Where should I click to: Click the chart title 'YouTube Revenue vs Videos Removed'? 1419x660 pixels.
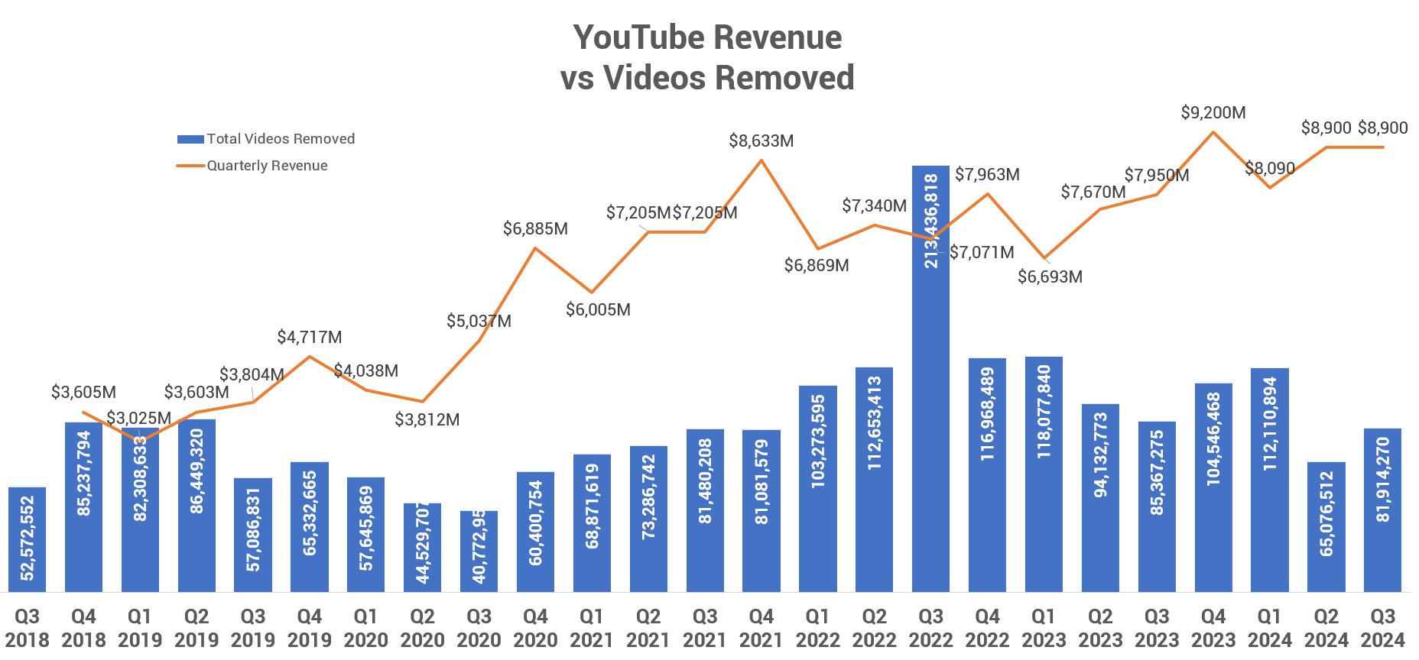707,57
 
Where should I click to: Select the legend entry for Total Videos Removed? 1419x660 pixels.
266,139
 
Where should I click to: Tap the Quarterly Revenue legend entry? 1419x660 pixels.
252,166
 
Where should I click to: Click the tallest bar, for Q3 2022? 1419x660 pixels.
930,382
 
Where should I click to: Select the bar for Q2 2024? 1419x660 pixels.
1326,527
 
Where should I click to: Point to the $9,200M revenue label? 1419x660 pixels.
1213,113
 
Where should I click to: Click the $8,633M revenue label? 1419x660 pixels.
761,141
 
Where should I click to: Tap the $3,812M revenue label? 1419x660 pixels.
427,420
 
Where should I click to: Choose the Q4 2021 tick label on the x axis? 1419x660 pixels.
761,628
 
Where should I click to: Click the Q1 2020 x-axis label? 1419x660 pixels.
365,628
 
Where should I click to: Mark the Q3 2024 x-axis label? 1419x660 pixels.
1382,628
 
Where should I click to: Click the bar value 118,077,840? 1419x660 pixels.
1044,412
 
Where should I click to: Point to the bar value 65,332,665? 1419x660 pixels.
310,513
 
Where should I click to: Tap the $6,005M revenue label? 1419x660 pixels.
598,310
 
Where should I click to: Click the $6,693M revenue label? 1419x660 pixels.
1050,277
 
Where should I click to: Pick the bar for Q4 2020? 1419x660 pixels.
535,532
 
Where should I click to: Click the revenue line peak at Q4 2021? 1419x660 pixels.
761,160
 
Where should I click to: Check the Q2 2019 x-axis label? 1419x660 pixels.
196,628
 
